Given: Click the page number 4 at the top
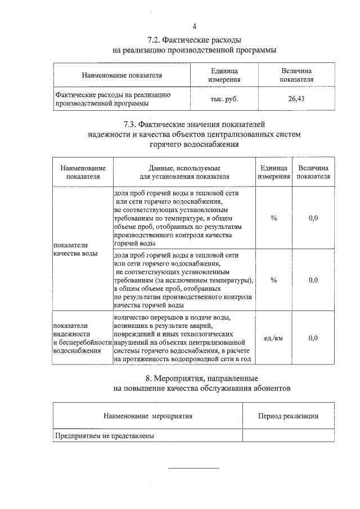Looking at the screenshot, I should click(x=195, y=26).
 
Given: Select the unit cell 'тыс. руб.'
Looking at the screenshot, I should click(x=224, y=99).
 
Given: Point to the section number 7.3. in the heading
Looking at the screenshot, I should click(x=133, y=124).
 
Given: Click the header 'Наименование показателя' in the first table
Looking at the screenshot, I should click(x=121, y=75).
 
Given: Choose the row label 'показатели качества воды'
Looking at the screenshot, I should click(x=75, y=249).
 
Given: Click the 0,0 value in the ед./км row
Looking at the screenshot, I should click(x=313, y=337).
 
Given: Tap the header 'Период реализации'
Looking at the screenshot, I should click(x=288, y=416).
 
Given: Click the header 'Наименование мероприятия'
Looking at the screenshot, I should click(x=148, y=416).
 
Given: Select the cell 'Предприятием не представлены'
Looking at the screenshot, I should click(x=104, y=435).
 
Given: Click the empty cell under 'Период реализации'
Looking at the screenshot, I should click(x=288, y=435).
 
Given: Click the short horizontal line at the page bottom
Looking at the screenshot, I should click(x=194, y=468).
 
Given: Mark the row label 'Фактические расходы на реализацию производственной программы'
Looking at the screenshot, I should click(x=112, y=99).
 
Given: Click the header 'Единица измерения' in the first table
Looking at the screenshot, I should click(x=224, y=75).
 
